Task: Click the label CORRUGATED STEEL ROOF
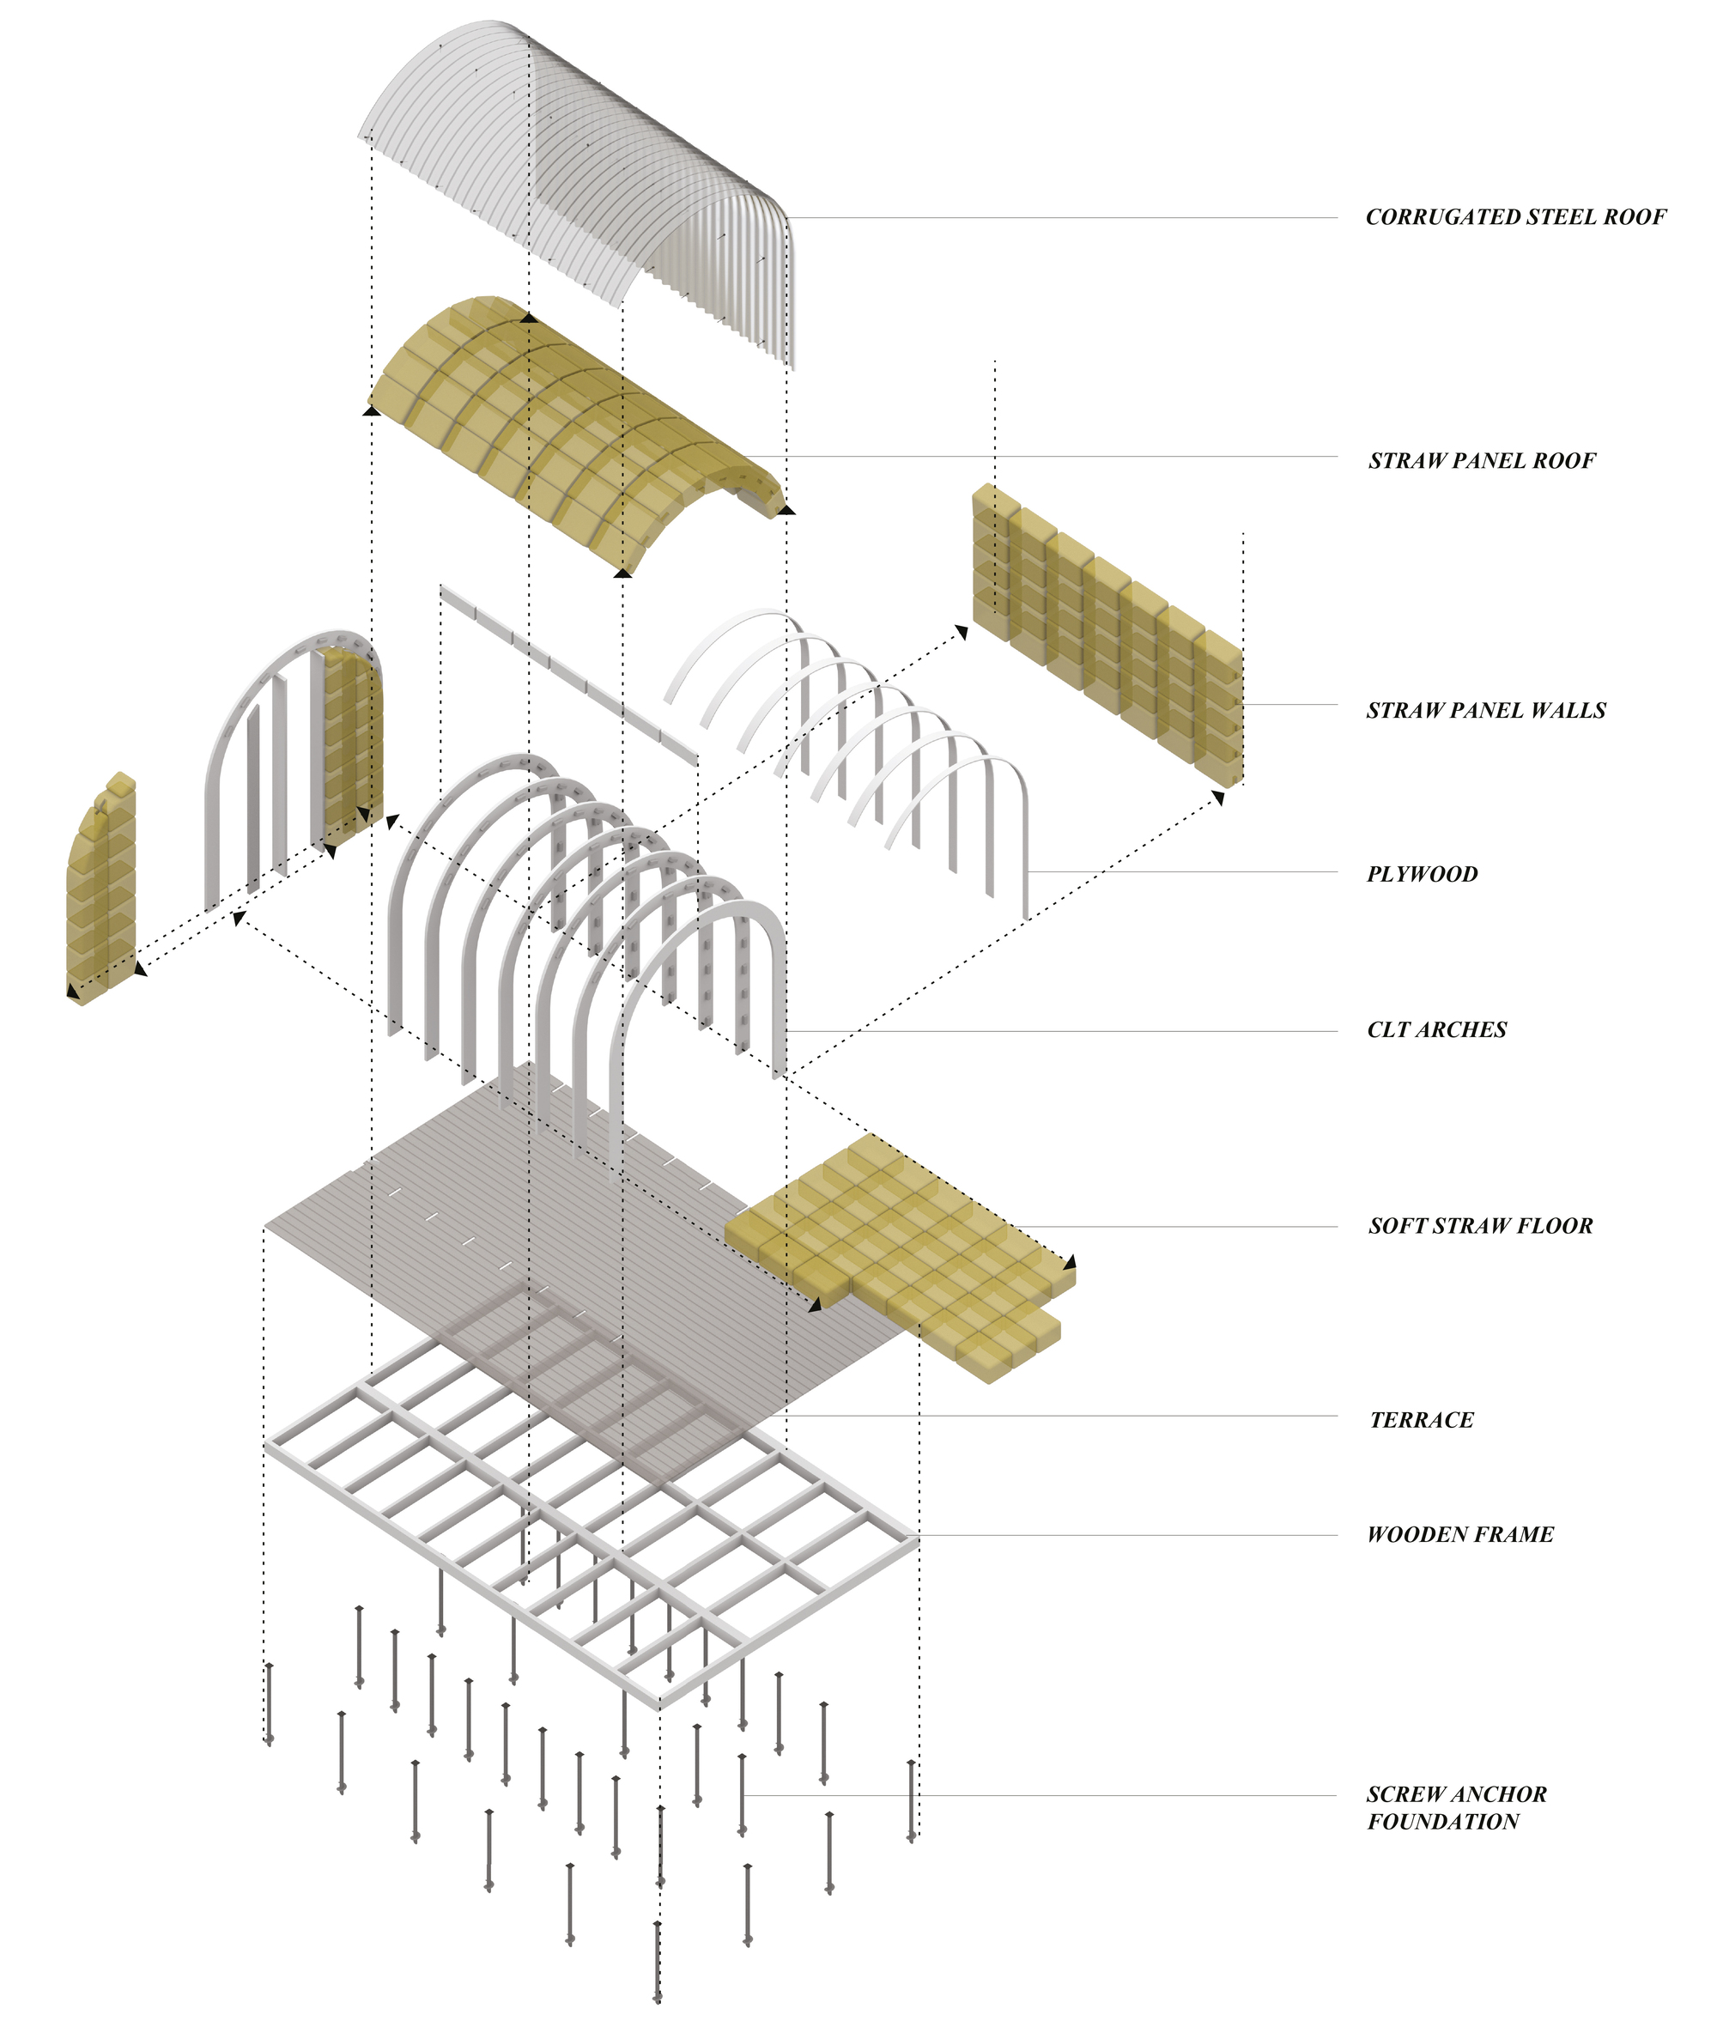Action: point(1515,217)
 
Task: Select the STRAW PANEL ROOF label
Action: point(1482,460)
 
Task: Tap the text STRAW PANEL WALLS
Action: point(1485,711)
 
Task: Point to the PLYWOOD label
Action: point(1422,874)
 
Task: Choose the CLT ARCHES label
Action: point(1436,1029)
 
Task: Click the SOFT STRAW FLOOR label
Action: point(1480,1226)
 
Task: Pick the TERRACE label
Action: point(1421,1420)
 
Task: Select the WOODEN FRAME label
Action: point(1460,1535)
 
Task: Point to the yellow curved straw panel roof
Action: point(574,428)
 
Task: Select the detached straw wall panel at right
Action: point(1107,634)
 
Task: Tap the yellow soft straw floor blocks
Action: point(901,1255)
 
